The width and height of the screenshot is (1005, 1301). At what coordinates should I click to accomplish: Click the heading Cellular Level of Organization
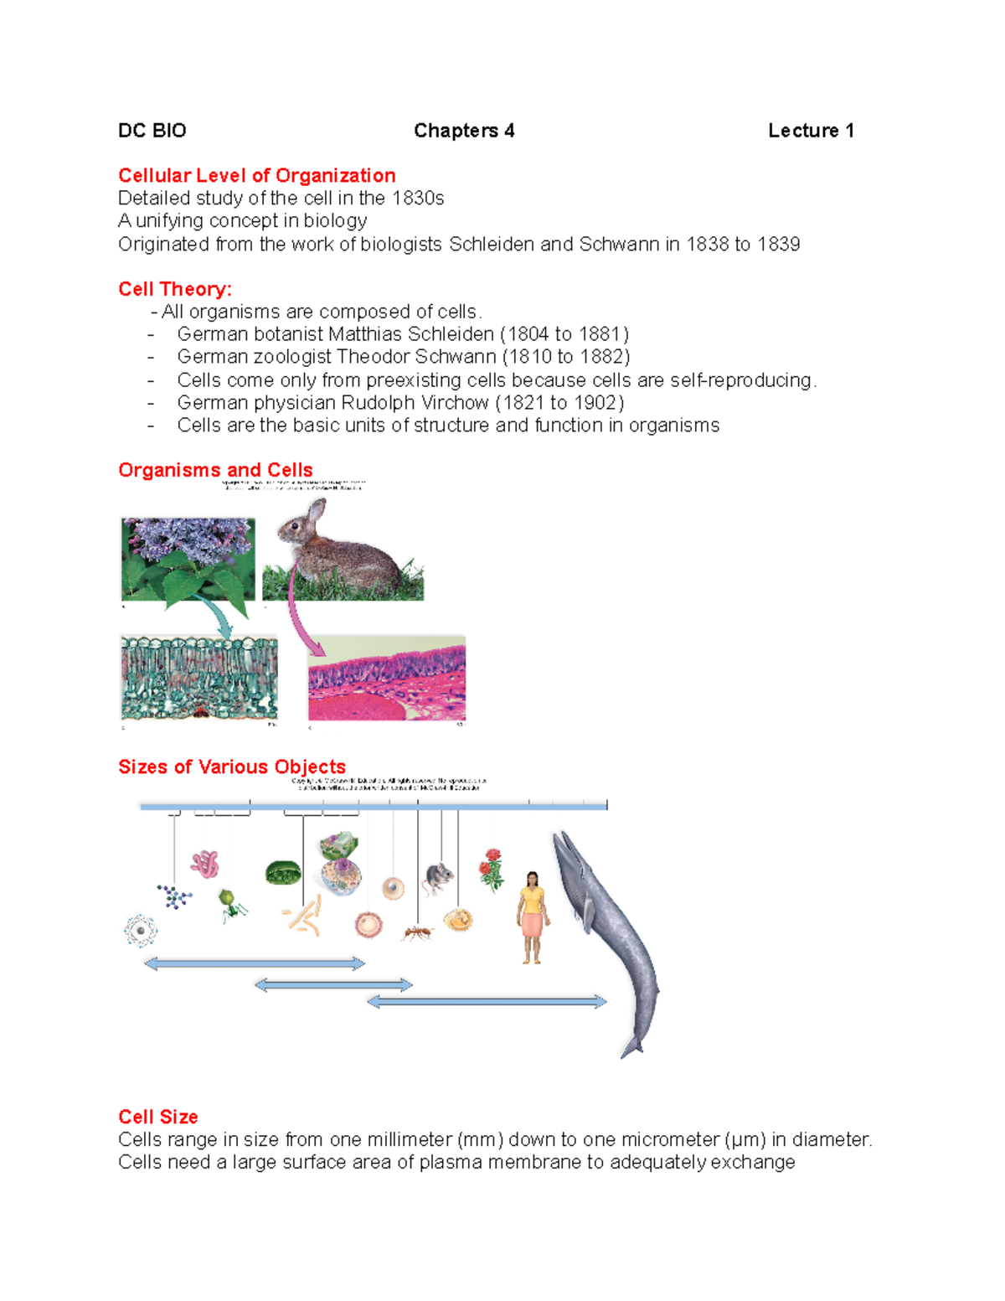coord(256,176)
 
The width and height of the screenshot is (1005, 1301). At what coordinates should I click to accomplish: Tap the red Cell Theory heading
coord(174,289)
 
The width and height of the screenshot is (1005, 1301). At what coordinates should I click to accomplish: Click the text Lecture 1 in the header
coord(811,131)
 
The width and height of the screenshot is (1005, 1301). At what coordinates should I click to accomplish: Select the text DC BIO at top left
coord(152,131)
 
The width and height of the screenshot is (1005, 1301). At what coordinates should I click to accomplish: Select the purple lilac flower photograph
coord(188,558)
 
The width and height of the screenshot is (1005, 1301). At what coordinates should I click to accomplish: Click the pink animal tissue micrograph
coord(387,679)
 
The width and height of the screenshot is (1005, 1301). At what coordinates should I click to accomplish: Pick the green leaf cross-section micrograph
coord(199,678)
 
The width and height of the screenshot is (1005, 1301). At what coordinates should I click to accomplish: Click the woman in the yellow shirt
coord(532,916)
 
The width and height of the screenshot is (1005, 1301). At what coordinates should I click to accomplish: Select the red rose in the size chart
coord(492,869)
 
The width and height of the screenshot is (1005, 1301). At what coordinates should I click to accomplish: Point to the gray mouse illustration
coord(437,878)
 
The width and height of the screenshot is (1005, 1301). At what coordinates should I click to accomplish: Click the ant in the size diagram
coord(416,932)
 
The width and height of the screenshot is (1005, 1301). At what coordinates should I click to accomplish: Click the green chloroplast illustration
coord(283,874)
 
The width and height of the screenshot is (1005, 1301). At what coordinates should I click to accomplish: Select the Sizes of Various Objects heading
coord(232,767)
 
